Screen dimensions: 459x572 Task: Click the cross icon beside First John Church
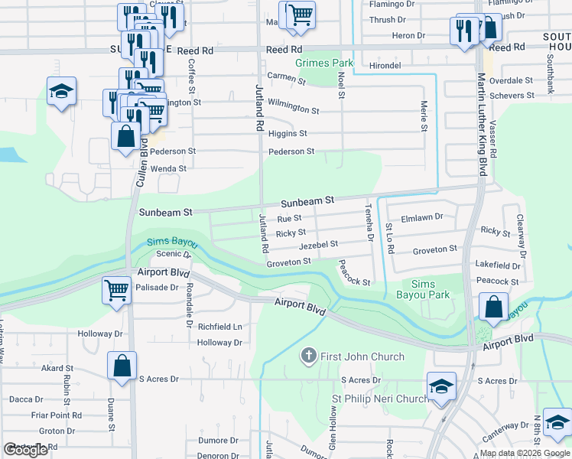(x=309, y=356)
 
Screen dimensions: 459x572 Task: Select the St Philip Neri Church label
(x=379, y=399)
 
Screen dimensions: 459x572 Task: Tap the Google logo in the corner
(x=26, y=450)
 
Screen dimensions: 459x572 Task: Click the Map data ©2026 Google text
(x=525, y=453)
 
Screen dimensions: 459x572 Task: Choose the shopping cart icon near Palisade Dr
(x=116, y=290)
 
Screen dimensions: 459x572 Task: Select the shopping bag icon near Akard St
(x=122, y=366)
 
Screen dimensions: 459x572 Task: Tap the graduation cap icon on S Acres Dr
(x=441, y=386)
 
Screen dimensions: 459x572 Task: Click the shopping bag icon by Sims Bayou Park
(x=494, y=307)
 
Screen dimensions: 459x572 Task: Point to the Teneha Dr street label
(x=369, y=223)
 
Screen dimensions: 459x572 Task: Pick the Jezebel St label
(x=318, y=245)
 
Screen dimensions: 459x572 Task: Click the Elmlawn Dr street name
(x=421, y=217)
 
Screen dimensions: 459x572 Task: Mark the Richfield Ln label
(x=219, y=327)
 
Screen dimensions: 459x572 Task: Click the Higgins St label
(x=288, y=133)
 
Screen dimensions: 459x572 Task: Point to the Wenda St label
(x=168, y=168)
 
